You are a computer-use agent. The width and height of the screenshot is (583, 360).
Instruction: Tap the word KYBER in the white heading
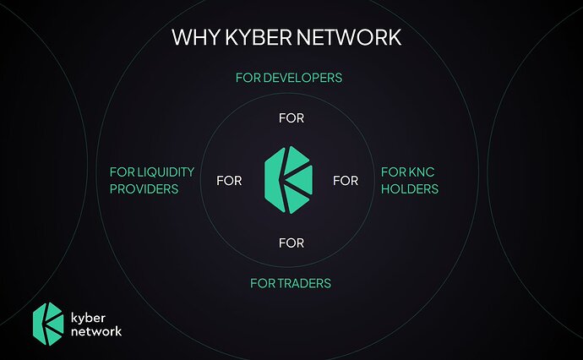(x=253, y=38)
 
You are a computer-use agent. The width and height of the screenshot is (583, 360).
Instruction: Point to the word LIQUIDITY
(x=165, y=172)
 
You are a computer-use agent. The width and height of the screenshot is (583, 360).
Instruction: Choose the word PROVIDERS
(x=144, y=189)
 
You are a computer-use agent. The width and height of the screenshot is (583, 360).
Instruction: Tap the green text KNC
(x=419, y=172)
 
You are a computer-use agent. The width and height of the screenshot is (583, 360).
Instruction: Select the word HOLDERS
(x=410, y=189)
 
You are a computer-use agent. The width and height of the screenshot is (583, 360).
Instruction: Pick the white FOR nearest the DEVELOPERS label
(x=291, y=119)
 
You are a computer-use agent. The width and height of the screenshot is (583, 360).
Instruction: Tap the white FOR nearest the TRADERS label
(x=291, y=243)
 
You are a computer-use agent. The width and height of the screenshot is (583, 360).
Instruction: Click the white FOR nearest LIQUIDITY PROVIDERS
(x=229, y=181)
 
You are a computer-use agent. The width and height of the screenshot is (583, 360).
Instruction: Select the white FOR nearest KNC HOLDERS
(x=346, y=181)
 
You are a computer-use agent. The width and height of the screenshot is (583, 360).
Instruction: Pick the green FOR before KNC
(x=393, y=172)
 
